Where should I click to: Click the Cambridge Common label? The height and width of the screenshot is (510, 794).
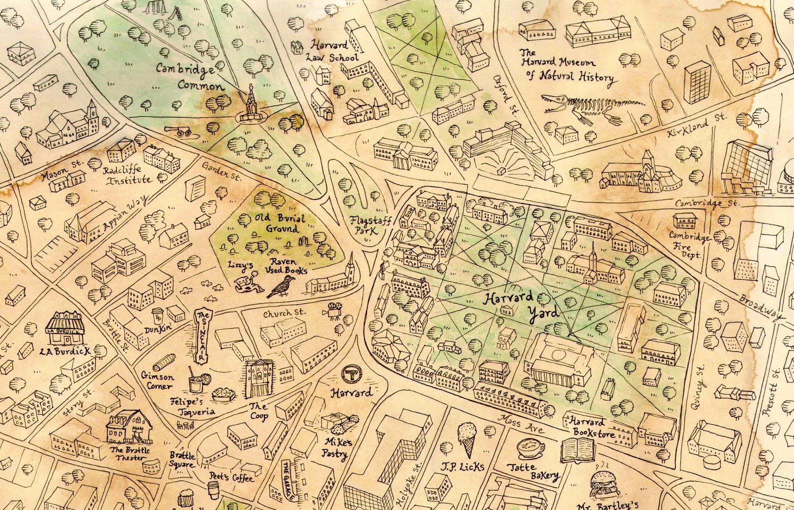(189, 76)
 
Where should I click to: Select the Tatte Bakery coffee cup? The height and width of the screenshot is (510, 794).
(530, 447)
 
